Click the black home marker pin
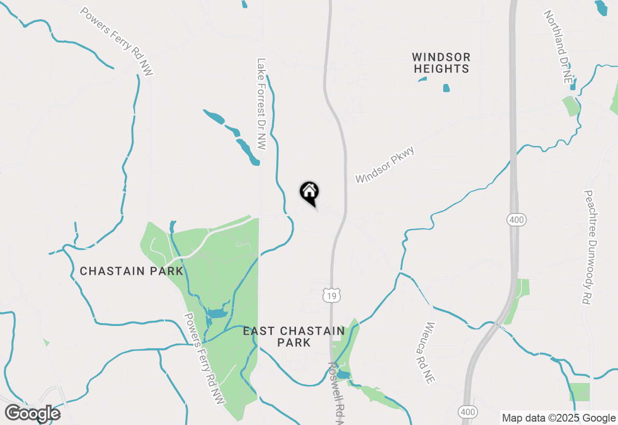[x=309, y=192]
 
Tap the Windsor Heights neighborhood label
[x=441, y=63]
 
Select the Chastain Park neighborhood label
[x=131, y=271]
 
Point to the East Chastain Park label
[x=294, y=337]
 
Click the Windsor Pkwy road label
[x=385, y=165]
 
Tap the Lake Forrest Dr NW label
[x=262, y=104]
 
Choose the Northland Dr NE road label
[x=558, y=47]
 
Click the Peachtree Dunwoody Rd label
[x=588, y=247]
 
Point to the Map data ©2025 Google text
[x=559, y=418]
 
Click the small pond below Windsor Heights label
[x=446, y=88]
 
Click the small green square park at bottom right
[x=579, y=392]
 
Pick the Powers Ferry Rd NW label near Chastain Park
[x=205, y=358]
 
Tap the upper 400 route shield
[x=516, y=220]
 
